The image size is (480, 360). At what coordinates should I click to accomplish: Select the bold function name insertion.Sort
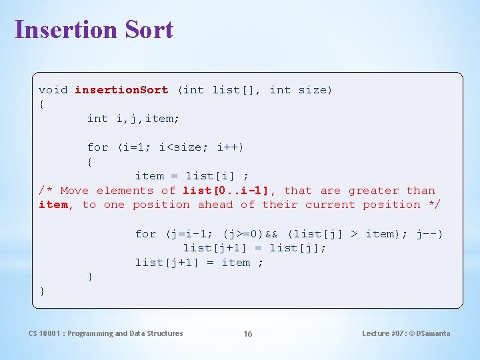point(121,89)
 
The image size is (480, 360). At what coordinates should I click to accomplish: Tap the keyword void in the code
point(53,89)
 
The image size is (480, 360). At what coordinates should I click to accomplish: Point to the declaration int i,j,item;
point(133,118)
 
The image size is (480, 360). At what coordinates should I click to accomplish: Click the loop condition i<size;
point(182,147)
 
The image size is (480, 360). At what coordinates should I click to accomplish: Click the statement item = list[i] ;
point(192,176)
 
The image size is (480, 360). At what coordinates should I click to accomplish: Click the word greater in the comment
point(373,190)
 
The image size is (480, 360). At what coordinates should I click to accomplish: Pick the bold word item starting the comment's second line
point(53,205)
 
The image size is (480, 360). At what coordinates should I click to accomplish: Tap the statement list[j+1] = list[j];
point(255,248)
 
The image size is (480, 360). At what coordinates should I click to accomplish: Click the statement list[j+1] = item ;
point(199,262)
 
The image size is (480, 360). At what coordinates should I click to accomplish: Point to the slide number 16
point(247,333)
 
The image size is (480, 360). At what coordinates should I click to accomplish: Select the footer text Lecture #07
point(382,333)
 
